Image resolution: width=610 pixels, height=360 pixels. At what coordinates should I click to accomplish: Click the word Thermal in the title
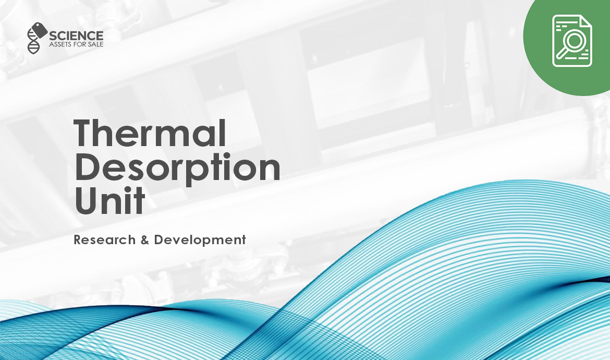coord(150,134)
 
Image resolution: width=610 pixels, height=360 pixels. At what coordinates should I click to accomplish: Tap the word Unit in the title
coord(109,201)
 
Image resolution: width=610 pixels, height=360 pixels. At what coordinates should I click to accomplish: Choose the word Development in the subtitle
coord(200,240)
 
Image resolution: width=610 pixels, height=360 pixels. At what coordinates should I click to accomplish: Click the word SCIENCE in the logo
coord(76,35)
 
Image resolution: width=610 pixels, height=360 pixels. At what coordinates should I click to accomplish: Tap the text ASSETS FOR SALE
coord(76,45)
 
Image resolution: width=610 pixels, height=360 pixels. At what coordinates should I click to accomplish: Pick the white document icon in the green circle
coord(572,41)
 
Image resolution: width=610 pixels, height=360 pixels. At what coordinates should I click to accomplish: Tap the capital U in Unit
coord(88,201)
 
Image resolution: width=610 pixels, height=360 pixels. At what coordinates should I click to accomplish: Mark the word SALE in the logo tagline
coord(95,45)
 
